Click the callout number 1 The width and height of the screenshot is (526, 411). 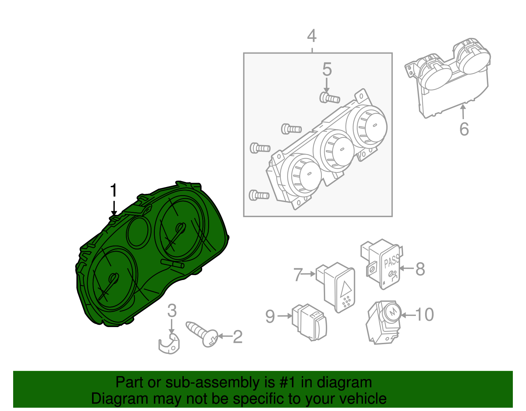pyautogui.click(x=113, y=191)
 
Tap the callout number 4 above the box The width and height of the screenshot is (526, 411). pyautogui.click(x=312, y=36)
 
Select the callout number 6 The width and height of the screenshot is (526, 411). pyautogui.click(x=464, y=129)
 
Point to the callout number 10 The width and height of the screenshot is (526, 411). pyautogui.click(x=425, y=315)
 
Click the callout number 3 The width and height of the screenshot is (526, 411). pyautogui.click(x=172, y=311)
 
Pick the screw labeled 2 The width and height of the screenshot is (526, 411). pyautogui.click(x=202, y=333)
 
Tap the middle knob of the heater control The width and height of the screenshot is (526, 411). pyautogui.click(x=337, y=150)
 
